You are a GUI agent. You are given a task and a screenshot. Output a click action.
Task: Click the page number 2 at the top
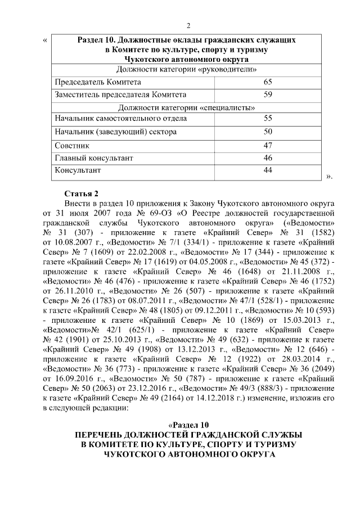(x=188, y=25)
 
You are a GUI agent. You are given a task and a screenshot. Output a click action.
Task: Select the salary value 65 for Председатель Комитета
(x=268, y=82)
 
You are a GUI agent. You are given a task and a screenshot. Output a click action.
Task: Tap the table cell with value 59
(x=268, y=94)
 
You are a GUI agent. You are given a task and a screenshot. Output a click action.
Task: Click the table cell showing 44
(x=268, y=170)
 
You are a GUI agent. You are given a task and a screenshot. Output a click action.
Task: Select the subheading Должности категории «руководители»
(x=187, y=70)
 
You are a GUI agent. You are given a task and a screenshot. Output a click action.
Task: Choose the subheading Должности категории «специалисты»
(x=187, y=107)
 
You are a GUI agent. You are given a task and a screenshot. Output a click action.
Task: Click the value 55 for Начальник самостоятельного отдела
(x=268, y=119)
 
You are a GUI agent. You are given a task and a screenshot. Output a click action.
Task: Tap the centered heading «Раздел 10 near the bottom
(x=188, y=424)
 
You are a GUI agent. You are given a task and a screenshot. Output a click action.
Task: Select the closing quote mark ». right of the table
(x=330, y=176)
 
